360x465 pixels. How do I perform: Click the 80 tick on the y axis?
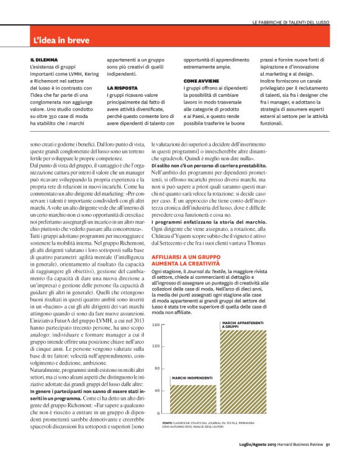tap(156, 368)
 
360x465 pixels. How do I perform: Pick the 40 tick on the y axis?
tap(156, 391)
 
